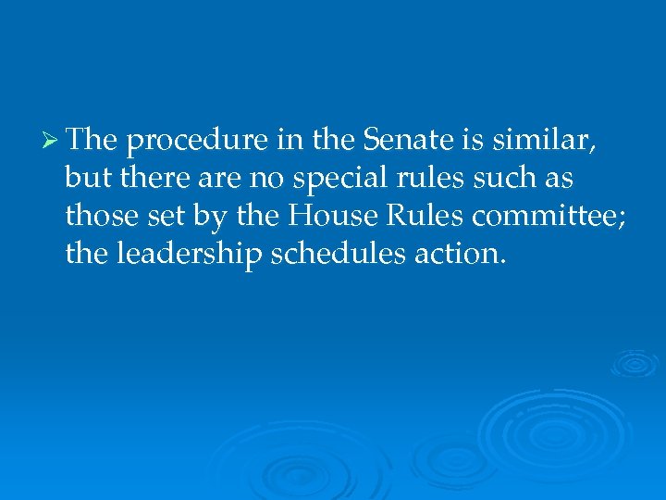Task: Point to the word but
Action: pyautogui.click(x=84, y=178)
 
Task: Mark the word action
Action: pyautogui.click(x=460, y=253)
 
